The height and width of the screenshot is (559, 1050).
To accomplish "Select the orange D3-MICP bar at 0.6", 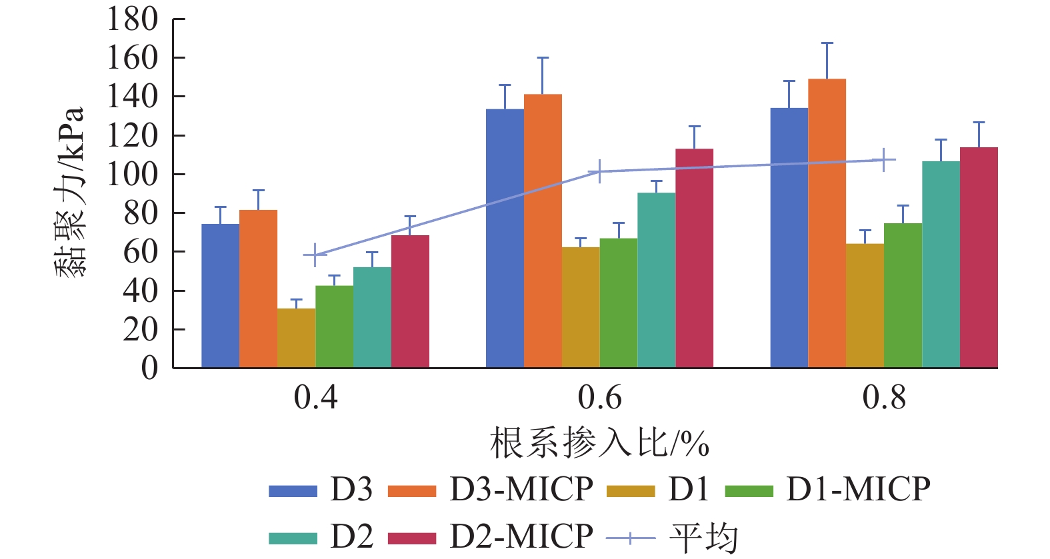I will (543, 231).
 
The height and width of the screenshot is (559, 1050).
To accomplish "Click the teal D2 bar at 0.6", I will (656, 280).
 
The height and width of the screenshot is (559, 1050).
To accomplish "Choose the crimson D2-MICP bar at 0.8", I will (979, 257).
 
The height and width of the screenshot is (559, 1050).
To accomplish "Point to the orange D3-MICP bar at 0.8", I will (827, 223).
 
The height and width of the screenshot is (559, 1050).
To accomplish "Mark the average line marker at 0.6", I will (599, 171).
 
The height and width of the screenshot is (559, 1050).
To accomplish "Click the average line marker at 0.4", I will (315, 255).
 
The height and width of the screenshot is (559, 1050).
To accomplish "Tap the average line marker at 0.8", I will (883, 160).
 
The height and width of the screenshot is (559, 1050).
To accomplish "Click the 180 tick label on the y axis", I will (133, 19).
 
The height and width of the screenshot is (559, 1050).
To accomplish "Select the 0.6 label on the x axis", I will (599, 398).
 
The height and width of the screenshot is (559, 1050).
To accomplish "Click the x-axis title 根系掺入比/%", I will (599, 443).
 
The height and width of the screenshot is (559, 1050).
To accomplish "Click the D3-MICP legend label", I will (521, 490).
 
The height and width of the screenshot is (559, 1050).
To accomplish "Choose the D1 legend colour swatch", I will (631, 492).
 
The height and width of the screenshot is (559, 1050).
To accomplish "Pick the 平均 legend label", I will (704, 537).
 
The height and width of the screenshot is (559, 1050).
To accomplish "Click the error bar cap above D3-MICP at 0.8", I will (827, 43).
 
